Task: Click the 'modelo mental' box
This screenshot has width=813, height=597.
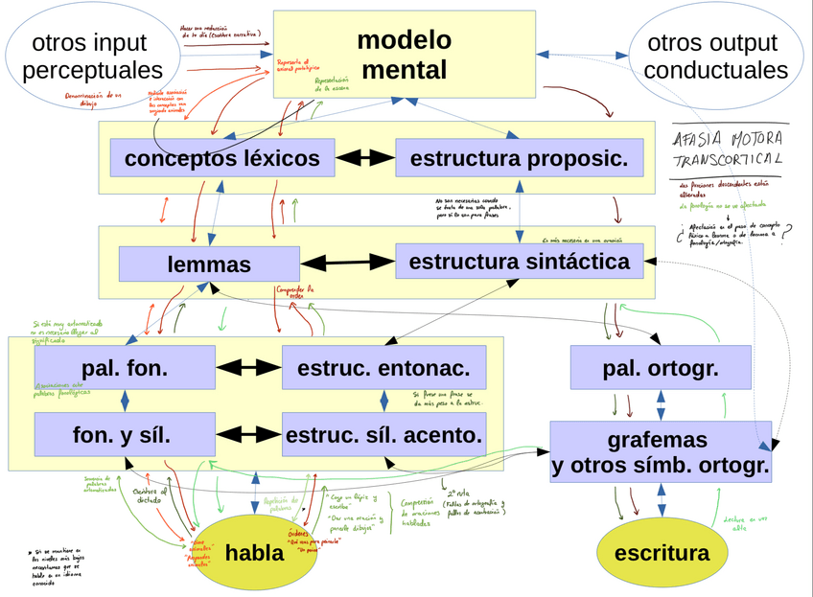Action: pos(404,55)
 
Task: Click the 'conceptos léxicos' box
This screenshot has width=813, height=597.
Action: pos(221,158)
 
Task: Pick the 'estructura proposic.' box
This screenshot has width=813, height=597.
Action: pos(512,158)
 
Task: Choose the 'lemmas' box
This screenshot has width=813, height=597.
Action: pos(208,264)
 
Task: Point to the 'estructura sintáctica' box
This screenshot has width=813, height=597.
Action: pos(520,262)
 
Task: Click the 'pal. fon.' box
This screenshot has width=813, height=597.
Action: pos(125,367)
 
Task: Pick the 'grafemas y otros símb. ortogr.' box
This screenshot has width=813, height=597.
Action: pos(661,453)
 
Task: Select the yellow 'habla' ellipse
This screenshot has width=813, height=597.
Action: pos(254,553)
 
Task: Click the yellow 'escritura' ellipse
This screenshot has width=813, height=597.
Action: pos(662,553)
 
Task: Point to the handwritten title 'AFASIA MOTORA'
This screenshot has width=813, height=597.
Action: pos(729,136)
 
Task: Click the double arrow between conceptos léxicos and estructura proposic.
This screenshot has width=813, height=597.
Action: pos(365,158)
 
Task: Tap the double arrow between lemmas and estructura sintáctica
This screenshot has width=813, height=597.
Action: pos(347,263)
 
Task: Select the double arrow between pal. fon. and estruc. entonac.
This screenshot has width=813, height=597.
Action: pos(248,367)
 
